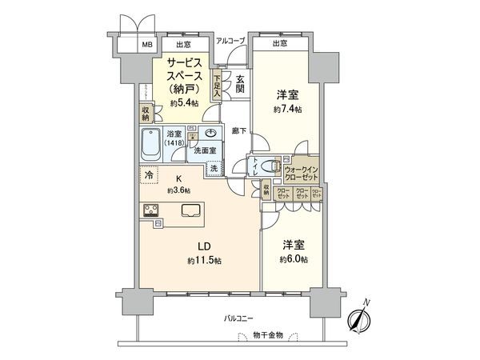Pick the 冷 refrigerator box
click(x=149, y=173)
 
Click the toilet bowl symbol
click(x=270, y=166)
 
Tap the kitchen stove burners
click(x=151, y=211)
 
